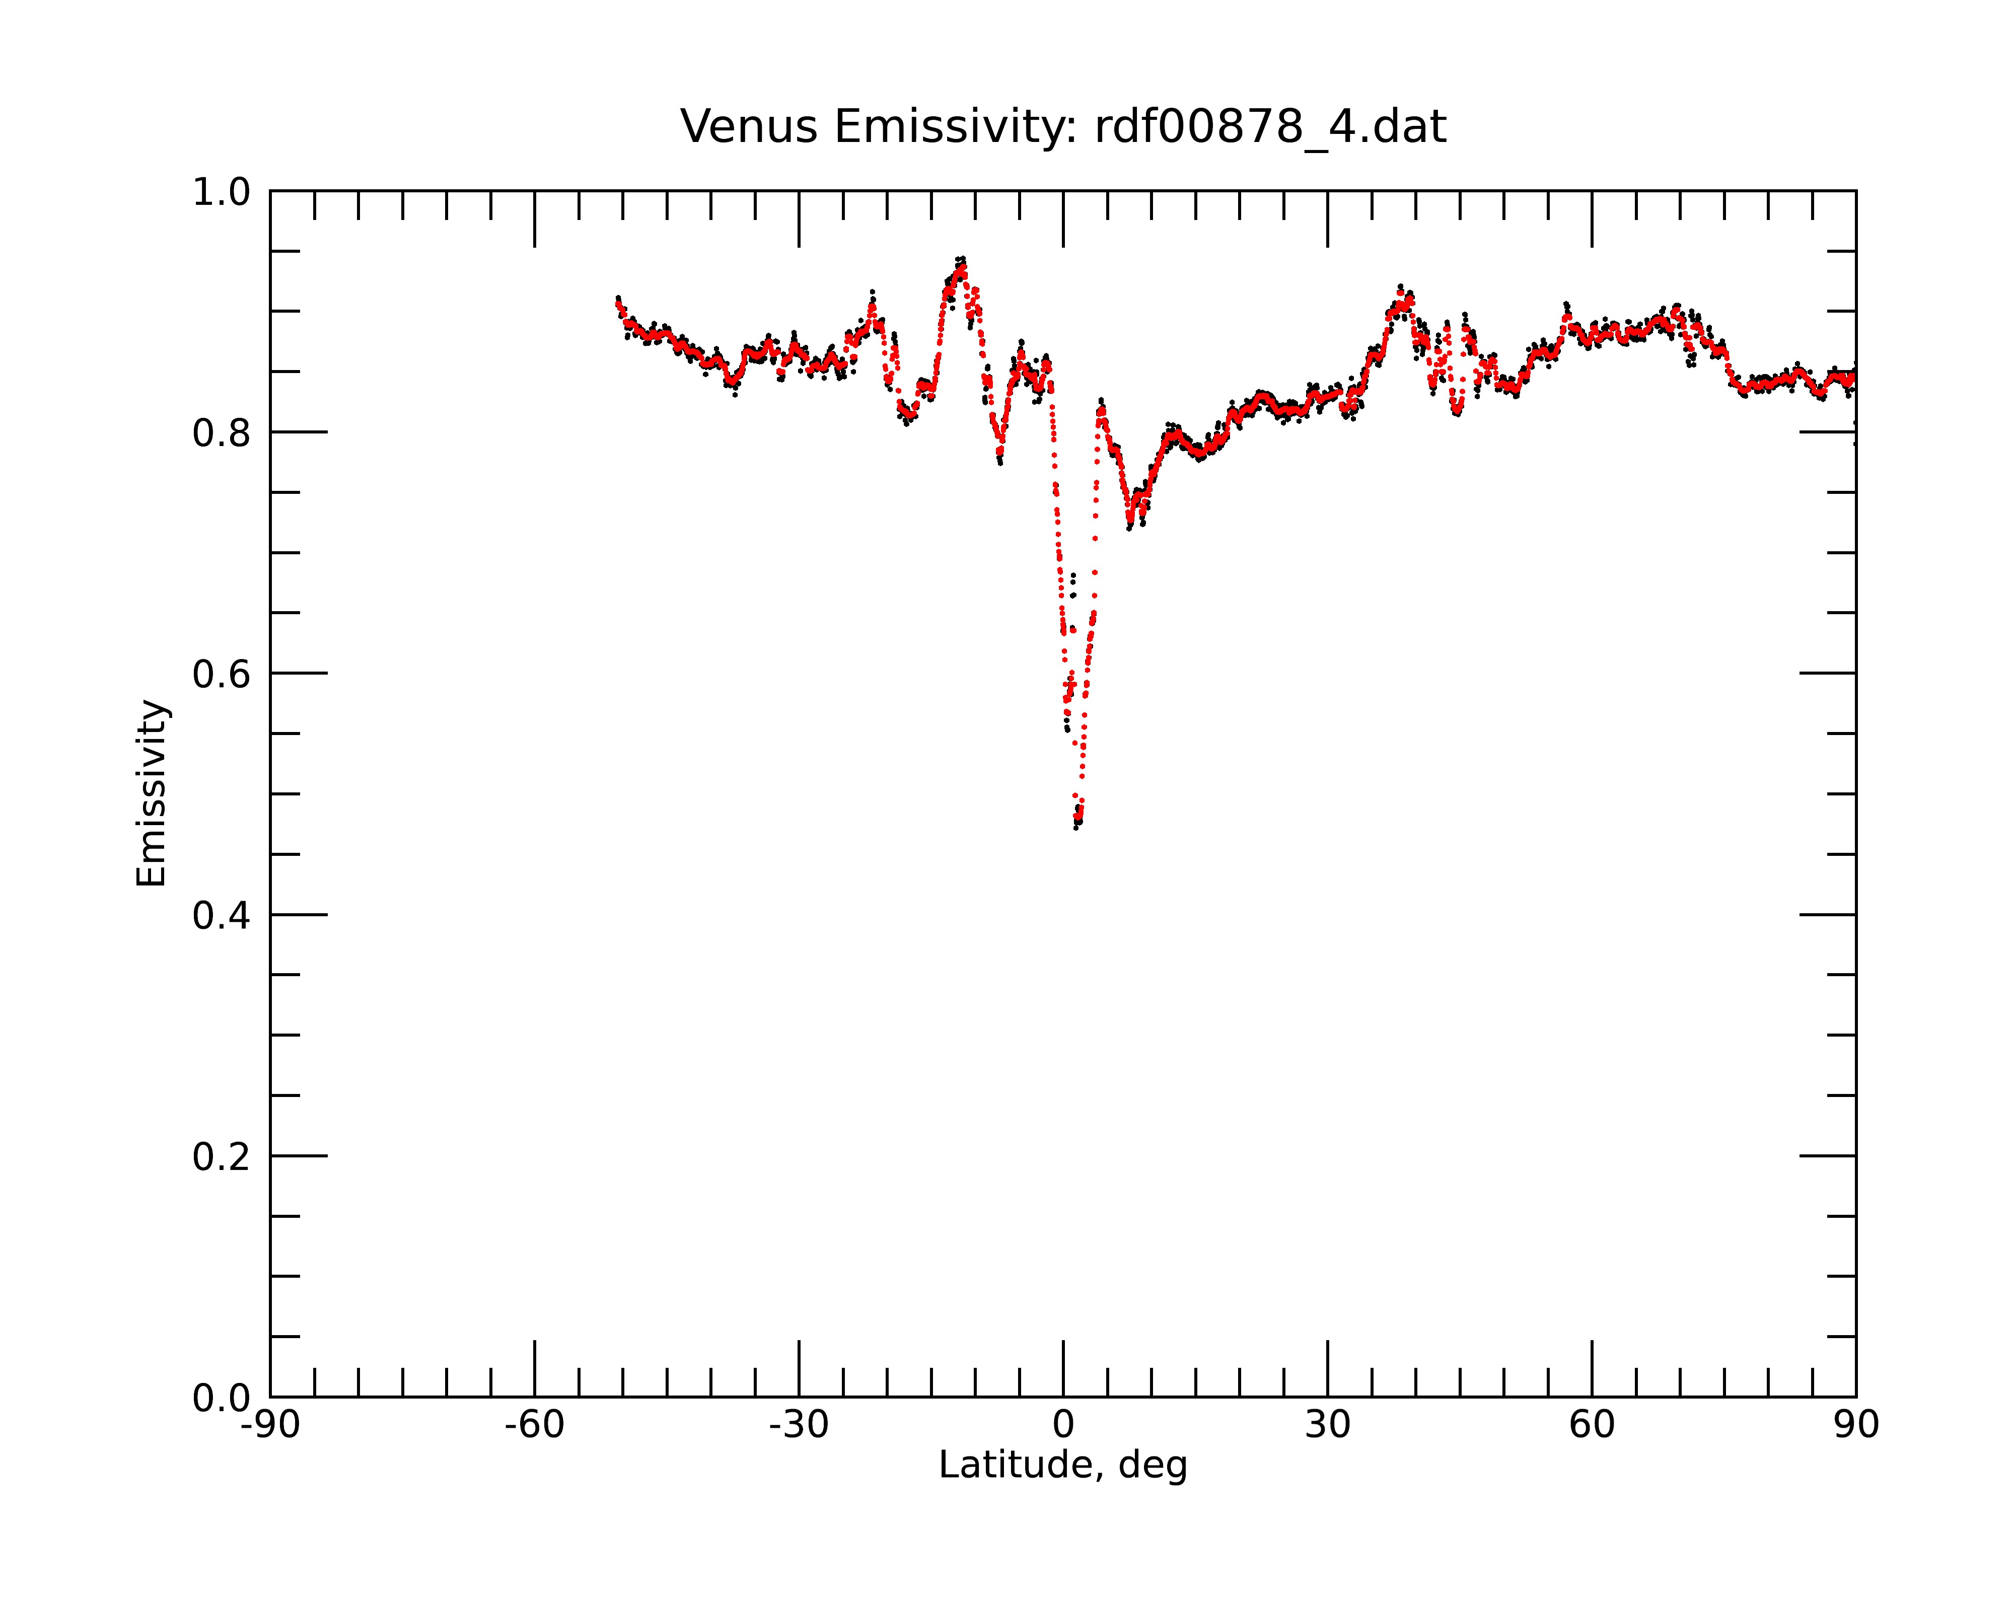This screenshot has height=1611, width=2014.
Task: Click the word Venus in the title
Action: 749,127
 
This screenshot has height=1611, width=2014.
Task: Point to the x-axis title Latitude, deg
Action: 1063,1464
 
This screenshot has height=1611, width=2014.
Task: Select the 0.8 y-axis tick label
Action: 222,433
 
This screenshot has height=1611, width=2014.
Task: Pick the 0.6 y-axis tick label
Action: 222,674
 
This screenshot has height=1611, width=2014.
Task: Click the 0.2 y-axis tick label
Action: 222,1157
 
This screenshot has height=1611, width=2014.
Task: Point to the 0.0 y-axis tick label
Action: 222,1398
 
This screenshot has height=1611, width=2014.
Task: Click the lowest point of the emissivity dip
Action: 1077,826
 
